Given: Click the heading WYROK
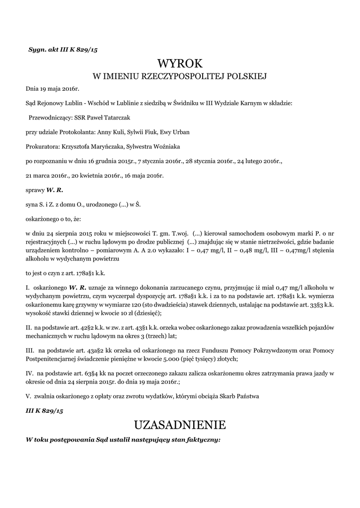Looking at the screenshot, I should [180, 63].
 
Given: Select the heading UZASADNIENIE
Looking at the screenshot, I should [180, 425].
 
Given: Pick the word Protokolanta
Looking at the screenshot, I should [77, 132].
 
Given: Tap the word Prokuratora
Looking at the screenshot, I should [42, 146].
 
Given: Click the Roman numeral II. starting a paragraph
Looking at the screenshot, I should [29, 327].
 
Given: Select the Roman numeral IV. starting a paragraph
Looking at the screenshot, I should [29, 372].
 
